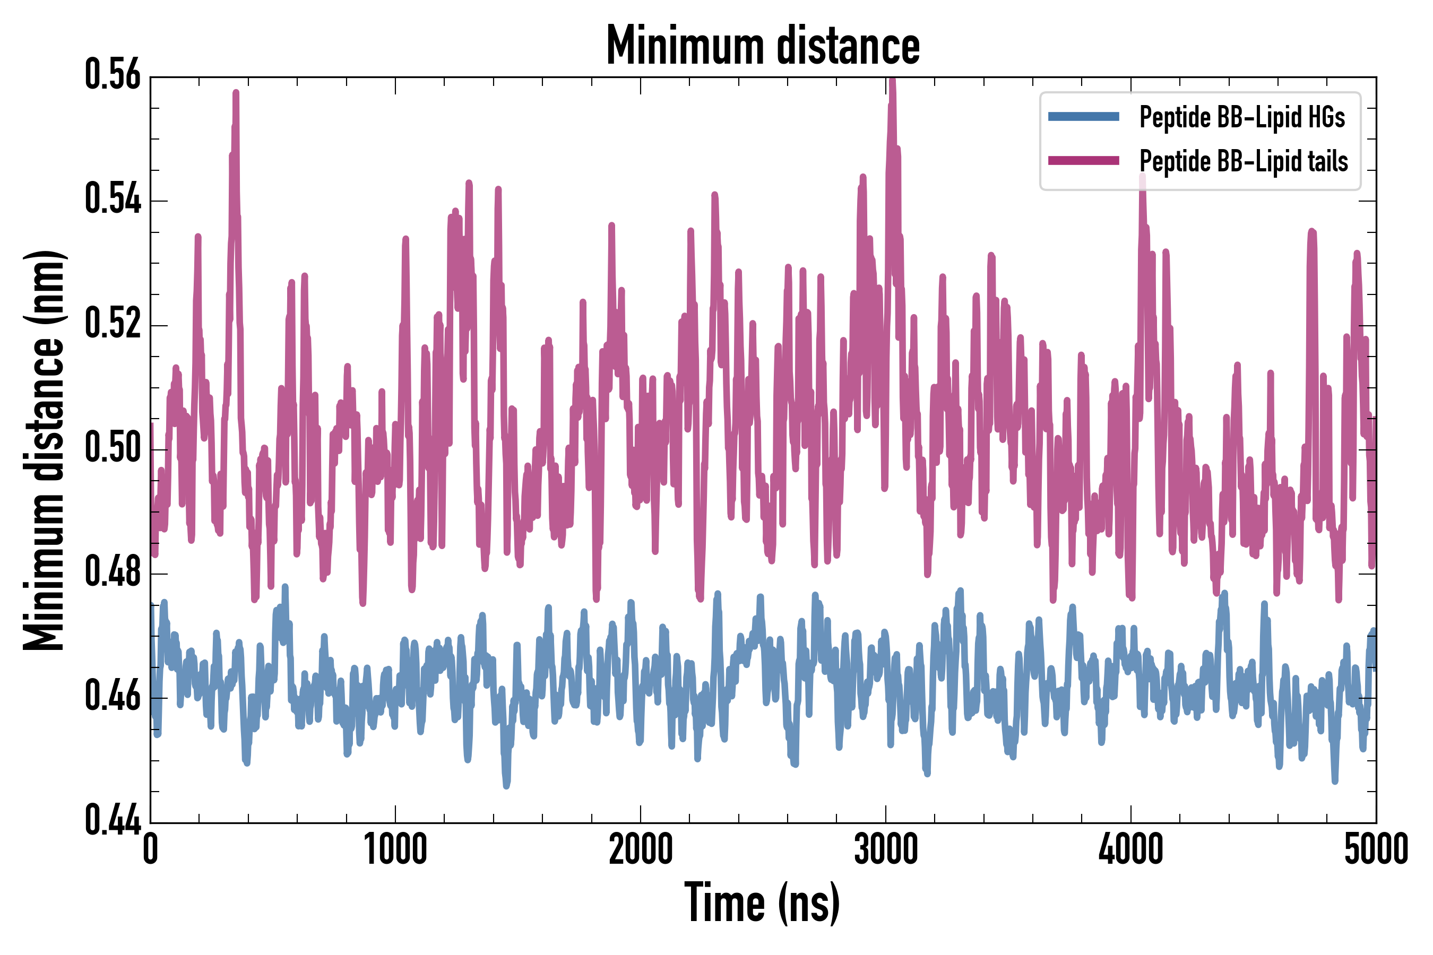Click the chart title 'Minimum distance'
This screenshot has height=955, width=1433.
(x=763, y=46)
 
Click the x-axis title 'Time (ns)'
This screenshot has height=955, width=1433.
(x=762, y=903)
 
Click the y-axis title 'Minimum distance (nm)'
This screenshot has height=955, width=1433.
(x=44, y=450)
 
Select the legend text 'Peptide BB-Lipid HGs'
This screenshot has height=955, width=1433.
(x=1242, y=117)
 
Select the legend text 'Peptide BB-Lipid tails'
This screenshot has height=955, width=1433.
(x=1244, y=161)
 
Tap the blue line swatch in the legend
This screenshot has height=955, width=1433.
(x=1083, y=117)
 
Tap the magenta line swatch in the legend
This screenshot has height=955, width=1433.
(x=1083, y=161)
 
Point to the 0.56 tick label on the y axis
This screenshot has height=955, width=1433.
(x=113, y=75)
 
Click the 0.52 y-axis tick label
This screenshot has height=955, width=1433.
(x=113, y=324)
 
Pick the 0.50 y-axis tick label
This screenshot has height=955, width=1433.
(x=113, y=448)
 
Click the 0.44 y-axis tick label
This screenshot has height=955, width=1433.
(x=113, y=820)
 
